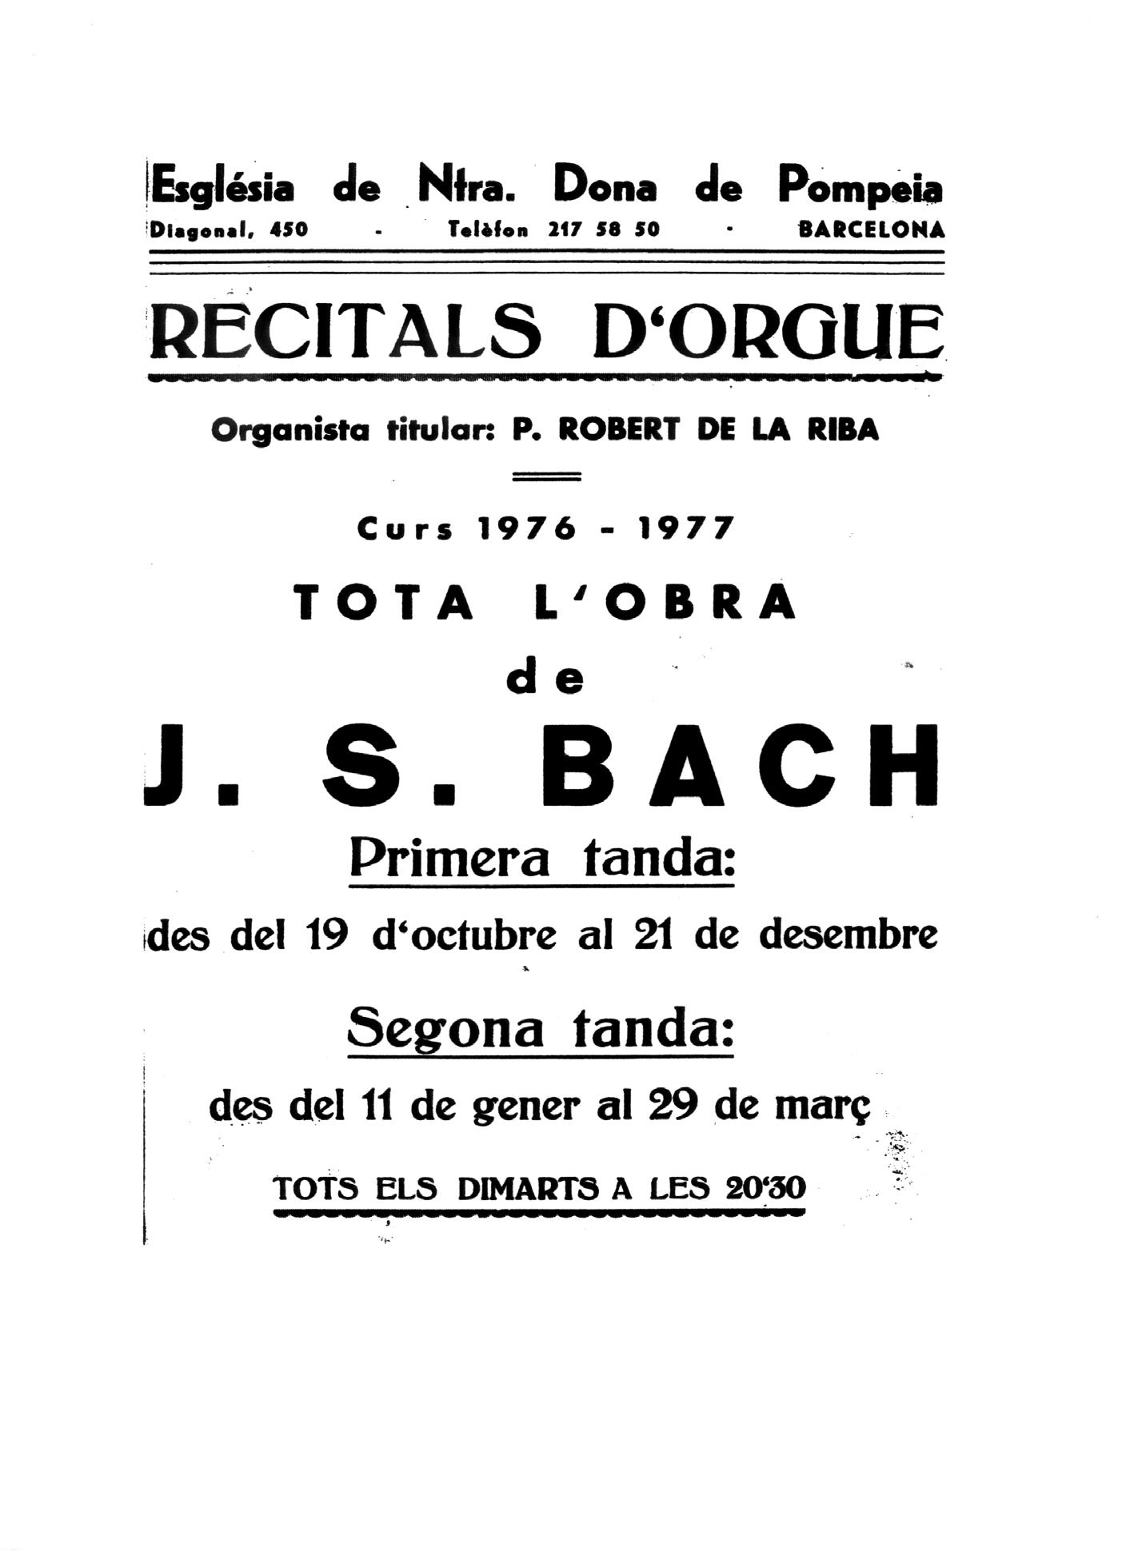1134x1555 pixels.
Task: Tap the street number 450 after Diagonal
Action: tap(289, 229)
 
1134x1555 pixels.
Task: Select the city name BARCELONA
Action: tap(872, 229)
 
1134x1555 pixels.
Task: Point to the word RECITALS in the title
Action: tap(345, 330)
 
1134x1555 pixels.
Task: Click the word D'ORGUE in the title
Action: tap(767, 330)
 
